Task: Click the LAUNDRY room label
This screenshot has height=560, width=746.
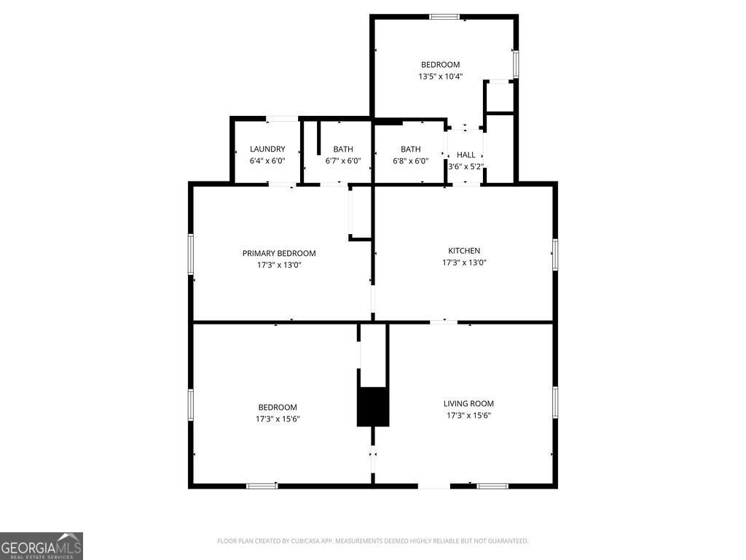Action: [267, 149]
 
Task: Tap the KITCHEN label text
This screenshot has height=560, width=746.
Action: [464, 251]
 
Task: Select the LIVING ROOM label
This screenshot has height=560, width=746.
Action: [468, 403]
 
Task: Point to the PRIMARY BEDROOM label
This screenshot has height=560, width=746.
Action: [279, 253]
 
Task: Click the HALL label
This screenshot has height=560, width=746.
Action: [466, 155]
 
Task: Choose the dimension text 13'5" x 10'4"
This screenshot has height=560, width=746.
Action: [440, 76]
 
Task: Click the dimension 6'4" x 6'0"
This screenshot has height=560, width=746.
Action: [267, 161]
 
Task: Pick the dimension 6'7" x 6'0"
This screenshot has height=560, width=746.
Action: [342, 161]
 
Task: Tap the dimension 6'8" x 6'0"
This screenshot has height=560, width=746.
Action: [410, 161]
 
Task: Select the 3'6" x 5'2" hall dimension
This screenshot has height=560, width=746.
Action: [466, 166]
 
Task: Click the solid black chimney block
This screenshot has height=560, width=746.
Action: [372, 407]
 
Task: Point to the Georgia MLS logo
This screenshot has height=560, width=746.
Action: [42, 545]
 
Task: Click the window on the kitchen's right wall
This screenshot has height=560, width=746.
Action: [554, 254]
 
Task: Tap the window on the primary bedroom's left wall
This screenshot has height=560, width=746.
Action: [192, 254]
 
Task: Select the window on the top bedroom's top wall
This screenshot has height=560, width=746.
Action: [444, 17]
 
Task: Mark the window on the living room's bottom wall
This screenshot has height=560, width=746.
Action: [492, 485]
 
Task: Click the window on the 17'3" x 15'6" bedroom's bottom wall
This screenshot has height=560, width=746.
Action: [262, 485]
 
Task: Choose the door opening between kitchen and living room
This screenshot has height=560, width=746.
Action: [444, 322]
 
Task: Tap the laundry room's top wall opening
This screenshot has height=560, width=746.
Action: [282, 119]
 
